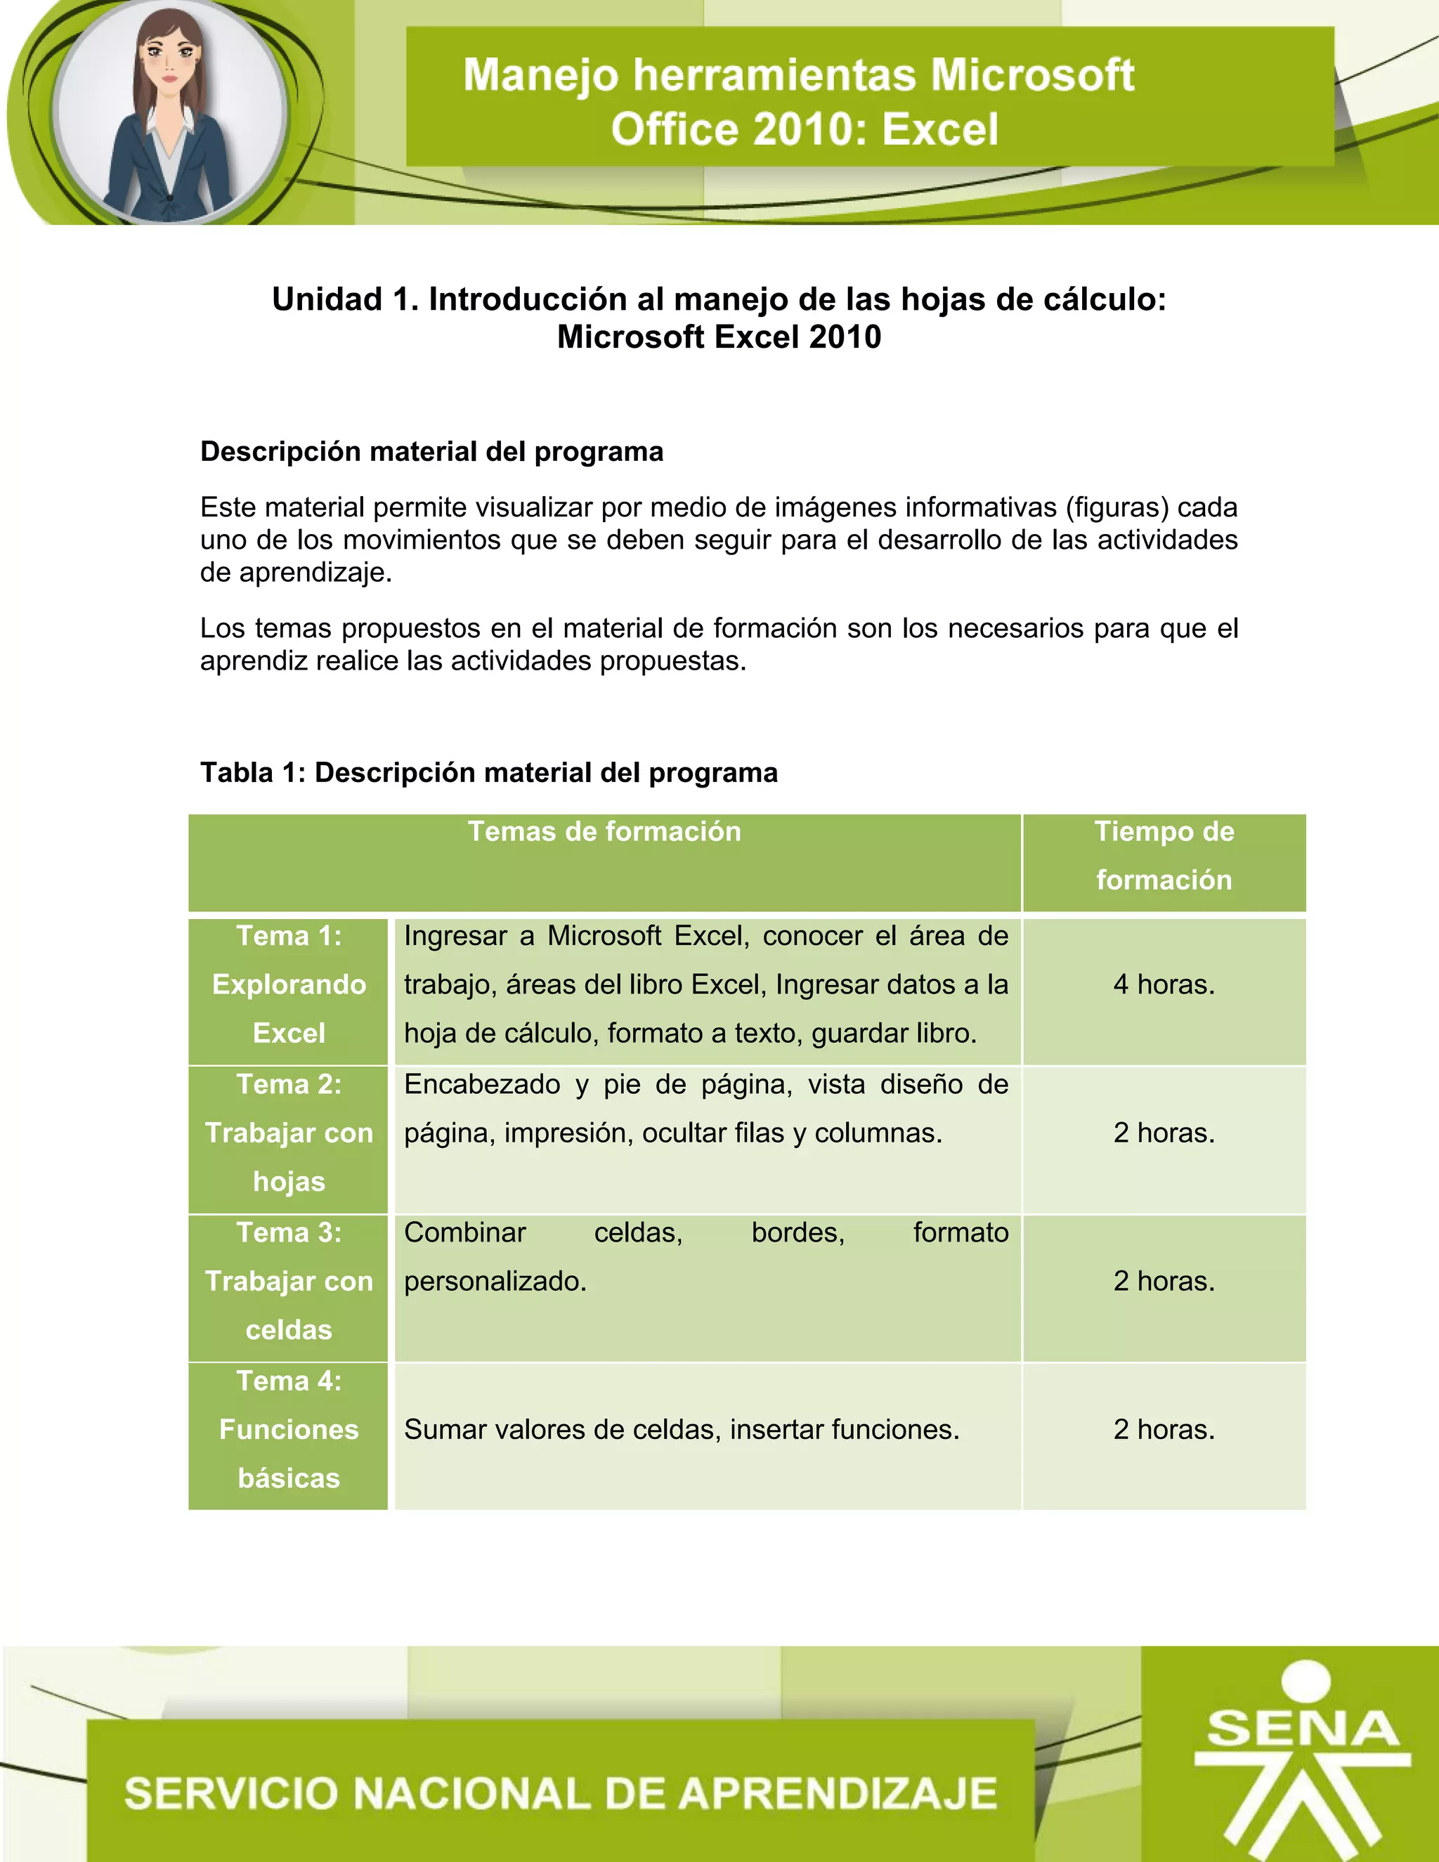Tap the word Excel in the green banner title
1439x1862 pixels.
[939, 129]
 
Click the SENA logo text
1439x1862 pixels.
[1303, 1728]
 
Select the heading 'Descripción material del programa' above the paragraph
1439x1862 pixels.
[431, 451]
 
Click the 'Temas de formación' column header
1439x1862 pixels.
[604, 831]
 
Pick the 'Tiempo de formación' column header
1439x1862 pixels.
[1164, 855]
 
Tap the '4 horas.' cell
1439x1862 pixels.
[1164, 984]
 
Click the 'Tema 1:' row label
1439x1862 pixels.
[289, 936]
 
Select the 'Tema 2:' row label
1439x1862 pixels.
[289, 1084]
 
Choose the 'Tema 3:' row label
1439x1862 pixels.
[289, 1233]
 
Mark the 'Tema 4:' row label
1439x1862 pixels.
[289, 1381]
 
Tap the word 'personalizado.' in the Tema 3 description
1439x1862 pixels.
[495, 1282]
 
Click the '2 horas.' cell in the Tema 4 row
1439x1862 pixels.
[1164, 1430]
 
